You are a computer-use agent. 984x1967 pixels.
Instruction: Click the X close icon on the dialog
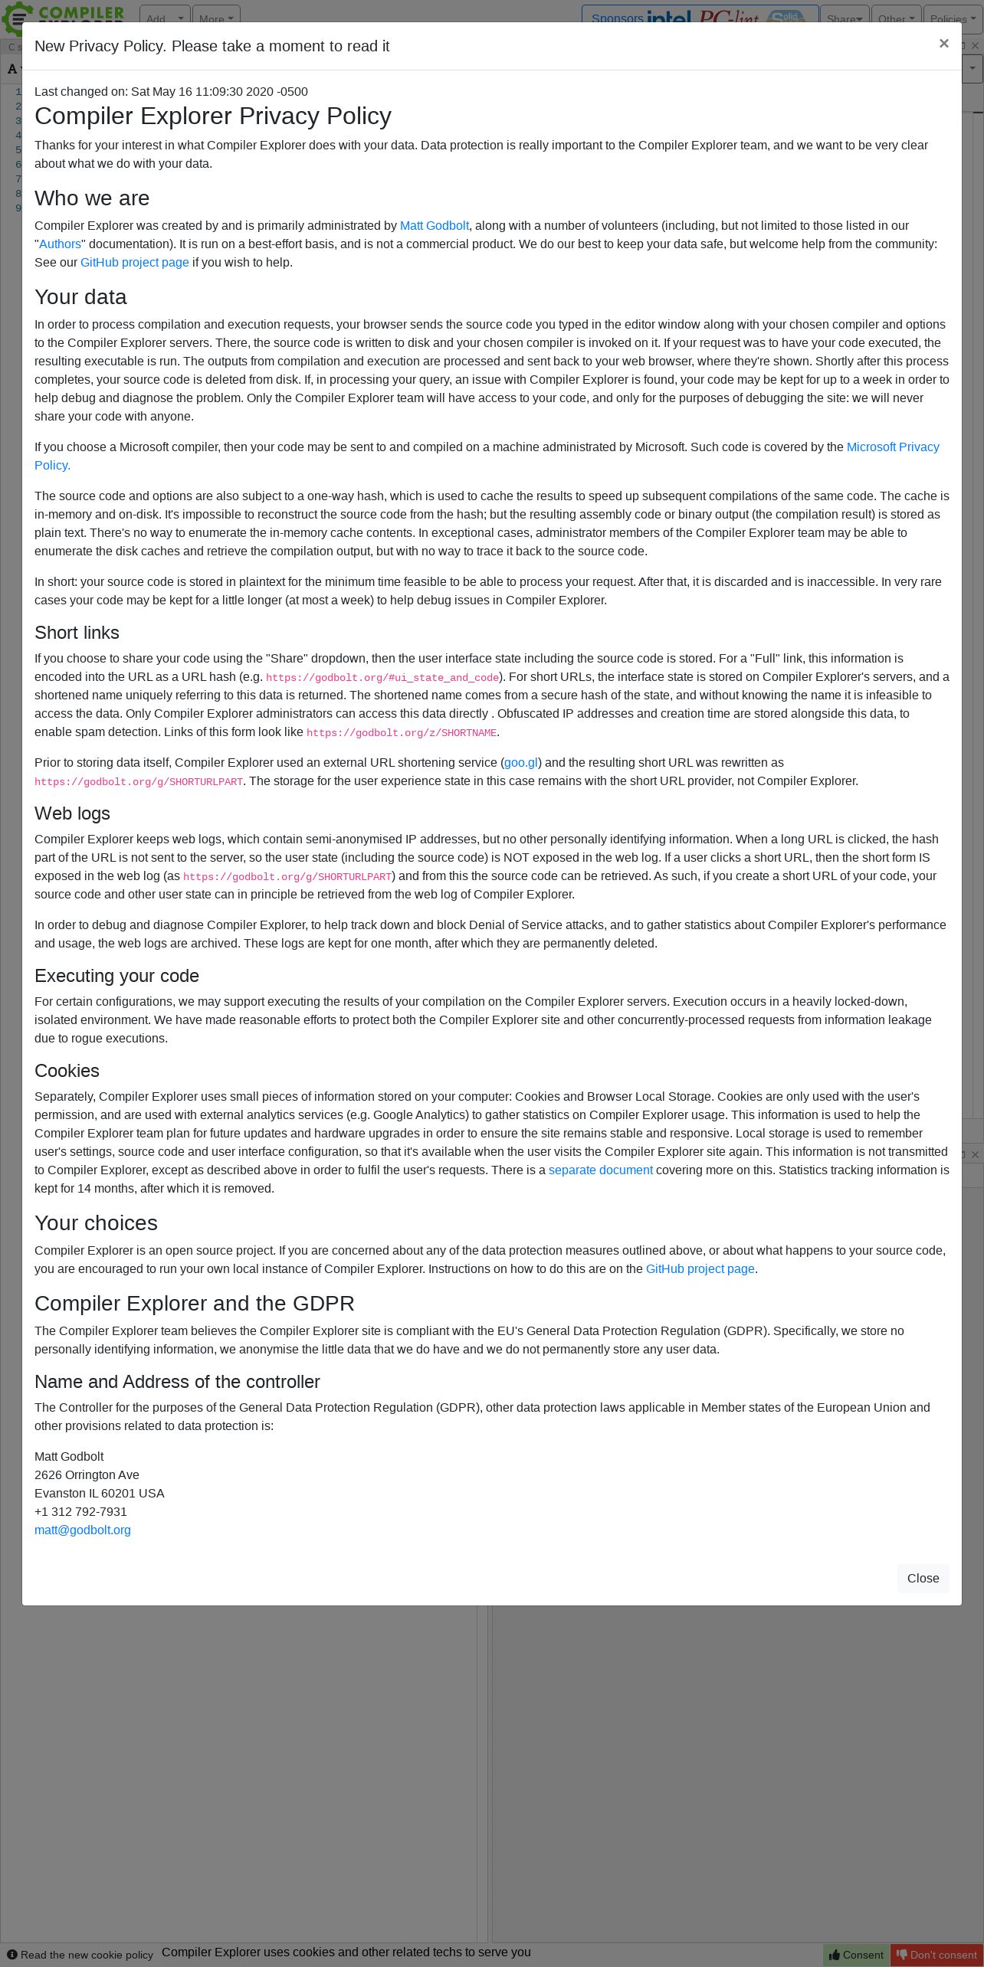tap(943, 44)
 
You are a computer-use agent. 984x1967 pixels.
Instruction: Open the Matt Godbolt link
tap(434, 226)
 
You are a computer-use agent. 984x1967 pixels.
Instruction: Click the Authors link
tap(60, 244)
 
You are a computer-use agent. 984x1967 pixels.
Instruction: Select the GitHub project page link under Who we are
tap(134, 263)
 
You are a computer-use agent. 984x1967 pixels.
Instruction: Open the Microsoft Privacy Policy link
tap(892, 447)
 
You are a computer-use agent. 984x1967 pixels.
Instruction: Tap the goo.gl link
tap(521, 763)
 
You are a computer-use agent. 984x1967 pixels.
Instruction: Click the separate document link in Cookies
tap(600, 1170)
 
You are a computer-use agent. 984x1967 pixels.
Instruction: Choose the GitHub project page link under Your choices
tap(700, 1269)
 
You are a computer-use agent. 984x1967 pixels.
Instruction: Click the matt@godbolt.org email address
tap(83, 1530)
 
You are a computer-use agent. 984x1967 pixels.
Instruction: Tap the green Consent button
tap(856, 1955)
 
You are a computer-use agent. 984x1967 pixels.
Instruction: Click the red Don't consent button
tap(936, 1955)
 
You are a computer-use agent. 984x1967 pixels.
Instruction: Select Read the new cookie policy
tap(80, 1955)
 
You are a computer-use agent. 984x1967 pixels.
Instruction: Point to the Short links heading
tap(77, 633)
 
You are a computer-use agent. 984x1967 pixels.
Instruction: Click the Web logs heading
tap(72, 813)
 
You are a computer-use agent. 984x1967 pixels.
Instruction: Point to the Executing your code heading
tap(116, 976)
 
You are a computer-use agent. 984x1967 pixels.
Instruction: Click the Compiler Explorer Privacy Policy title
tap(212, 116)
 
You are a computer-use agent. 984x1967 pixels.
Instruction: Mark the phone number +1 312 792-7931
tap(80, 1512)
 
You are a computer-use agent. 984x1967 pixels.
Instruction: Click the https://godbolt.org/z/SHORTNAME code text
tap(401, 733)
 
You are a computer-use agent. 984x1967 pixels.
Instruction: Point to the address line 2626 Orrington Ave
tap(87, 1475)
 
